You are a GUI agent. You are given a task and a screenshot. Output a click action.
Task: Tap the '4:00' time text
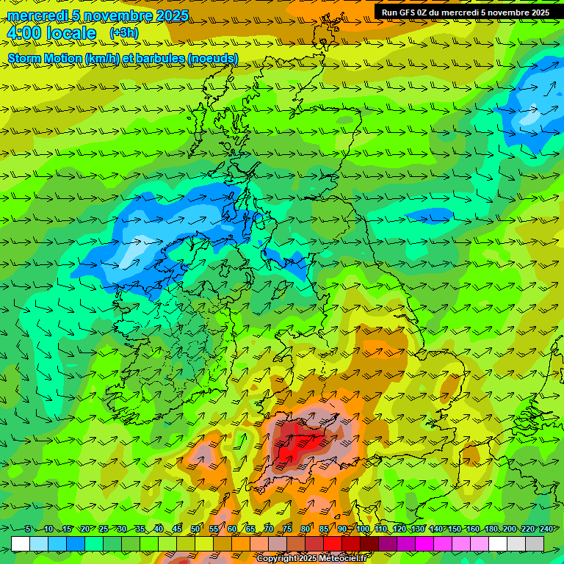(23, 33)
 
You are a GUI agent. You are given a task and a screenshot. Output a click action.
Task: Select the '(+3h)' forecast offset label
(123, 33)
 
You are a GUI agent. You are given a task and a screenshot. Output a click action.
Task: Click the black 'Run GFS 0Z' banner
(465, 12)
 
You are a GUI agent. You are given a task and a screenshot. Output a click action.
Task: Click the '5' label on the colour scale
(28, 529)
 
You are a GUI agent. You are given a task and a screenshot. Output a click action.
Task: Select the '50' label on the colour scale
(195, 529)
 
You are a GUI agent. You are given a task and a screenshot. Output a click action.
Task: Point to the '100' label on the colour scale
(363, 529)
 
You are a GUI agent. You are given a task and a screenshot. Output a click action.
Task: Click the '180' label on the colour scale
(490, 529)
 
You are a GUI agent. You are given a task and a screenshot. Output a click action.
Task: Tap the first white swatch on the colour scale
(21, 543)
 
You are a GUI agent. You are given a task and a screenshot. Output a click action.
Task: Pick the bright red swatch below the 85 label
(333, 543)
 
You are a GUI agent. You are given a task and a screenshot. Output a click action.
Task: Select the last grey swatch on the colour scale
(535, 543)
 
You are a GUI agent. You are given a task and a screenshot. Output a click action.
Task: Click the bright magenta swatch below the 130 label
(424, 543)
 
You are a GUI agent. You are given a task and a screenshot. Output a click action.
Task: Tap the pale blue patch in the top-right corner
(530, 116)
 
